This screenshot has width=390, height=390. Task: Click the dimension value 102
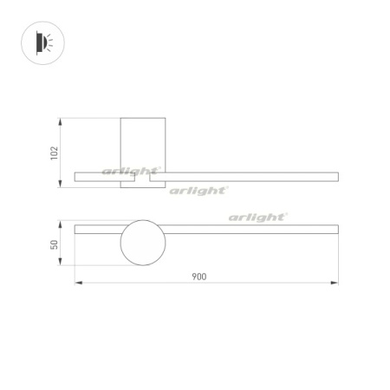point(54,153)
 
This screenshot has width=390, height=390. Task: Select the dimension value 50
point(54,245)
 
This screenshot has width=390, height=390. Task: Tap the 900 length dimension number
point(199,276)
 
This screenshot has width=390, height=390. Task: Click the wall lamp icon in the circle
point(42,42)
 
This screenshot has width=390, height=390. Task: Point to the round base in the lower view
point(142,244)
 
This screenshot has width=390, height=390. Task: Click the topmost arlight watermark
point(130,172)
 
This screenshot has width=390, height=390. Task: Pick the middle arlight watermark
point(198,190)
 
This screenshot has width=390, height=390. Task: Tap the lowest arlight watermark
point(257,218)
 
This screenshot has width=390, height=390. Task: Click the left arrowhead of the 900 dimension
point(77,283)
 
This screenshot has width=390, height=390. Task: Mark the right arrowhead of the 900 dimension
point(335,283)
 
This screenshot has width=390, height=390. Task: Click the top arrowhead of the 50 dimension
point(61,224)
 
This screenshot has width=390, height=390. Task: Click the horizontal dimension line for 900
point(260,283)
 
